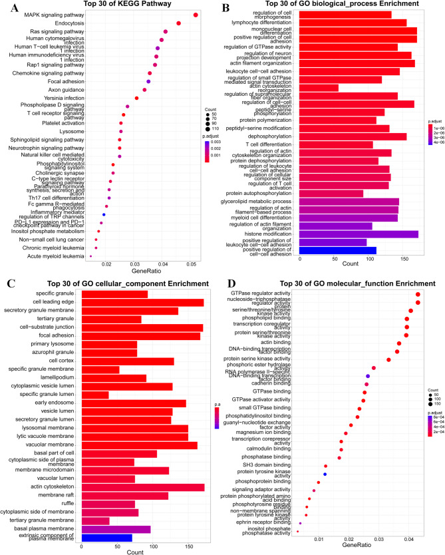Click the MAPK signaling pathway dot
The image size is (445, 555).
(196, 15)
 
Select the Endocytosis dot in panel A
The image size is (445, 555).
(179, 23)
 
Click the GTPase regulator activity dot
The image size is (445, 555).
(418, 295)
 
